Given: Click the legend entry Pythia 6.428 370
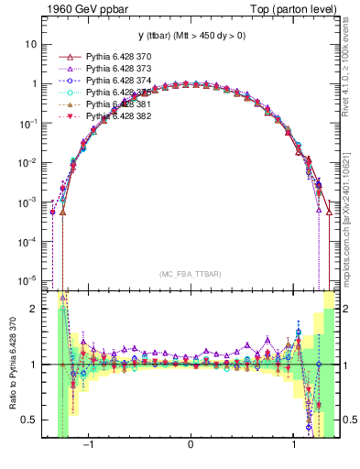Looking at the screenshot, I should [115, 57].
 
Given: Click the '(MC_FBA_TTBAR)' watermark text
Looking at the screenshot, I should [190, 273].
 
